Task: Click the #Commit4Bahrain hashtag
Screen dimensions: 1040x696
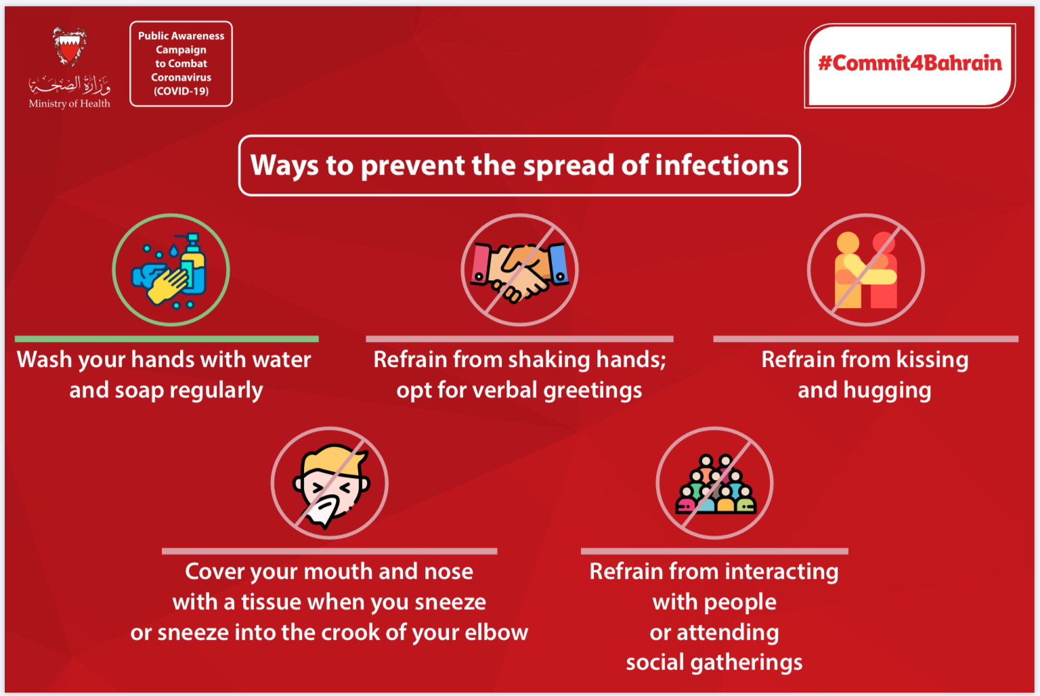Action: click(x=909, y=63)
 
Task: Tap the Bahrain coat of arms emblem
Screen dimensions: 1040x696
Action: click(x=70, y=47)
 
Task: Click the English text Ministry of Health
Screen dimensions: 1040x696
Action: click(x=70, y=104)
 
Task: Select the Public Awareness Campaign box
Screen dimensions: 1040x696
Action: click(x=181, y=64)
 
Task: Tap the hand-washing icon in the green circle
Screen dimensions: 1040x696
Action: click(x=171, y=269)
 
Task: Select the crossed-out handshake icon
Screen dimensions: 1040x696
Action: click(x=519, y=269)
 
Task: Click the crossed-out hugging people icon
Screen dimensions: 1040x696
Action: click(x=866, y=269)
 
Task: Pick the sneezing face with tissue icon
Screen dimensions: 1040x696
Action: click(x=330, y=483)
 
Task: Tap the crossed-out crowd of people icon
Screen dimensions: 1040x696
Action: click(x=714, y=483)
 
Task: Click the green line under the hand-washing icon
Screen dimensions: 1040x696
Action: click(x=167, y=339)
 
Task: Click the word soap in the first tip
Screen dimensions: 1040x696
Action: click(x=139, y=391)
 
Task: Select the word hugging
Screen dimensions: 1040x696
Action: click(x=887, y=391)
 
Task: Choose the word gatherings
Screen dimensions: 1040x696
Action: click(x=746, y=664)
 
